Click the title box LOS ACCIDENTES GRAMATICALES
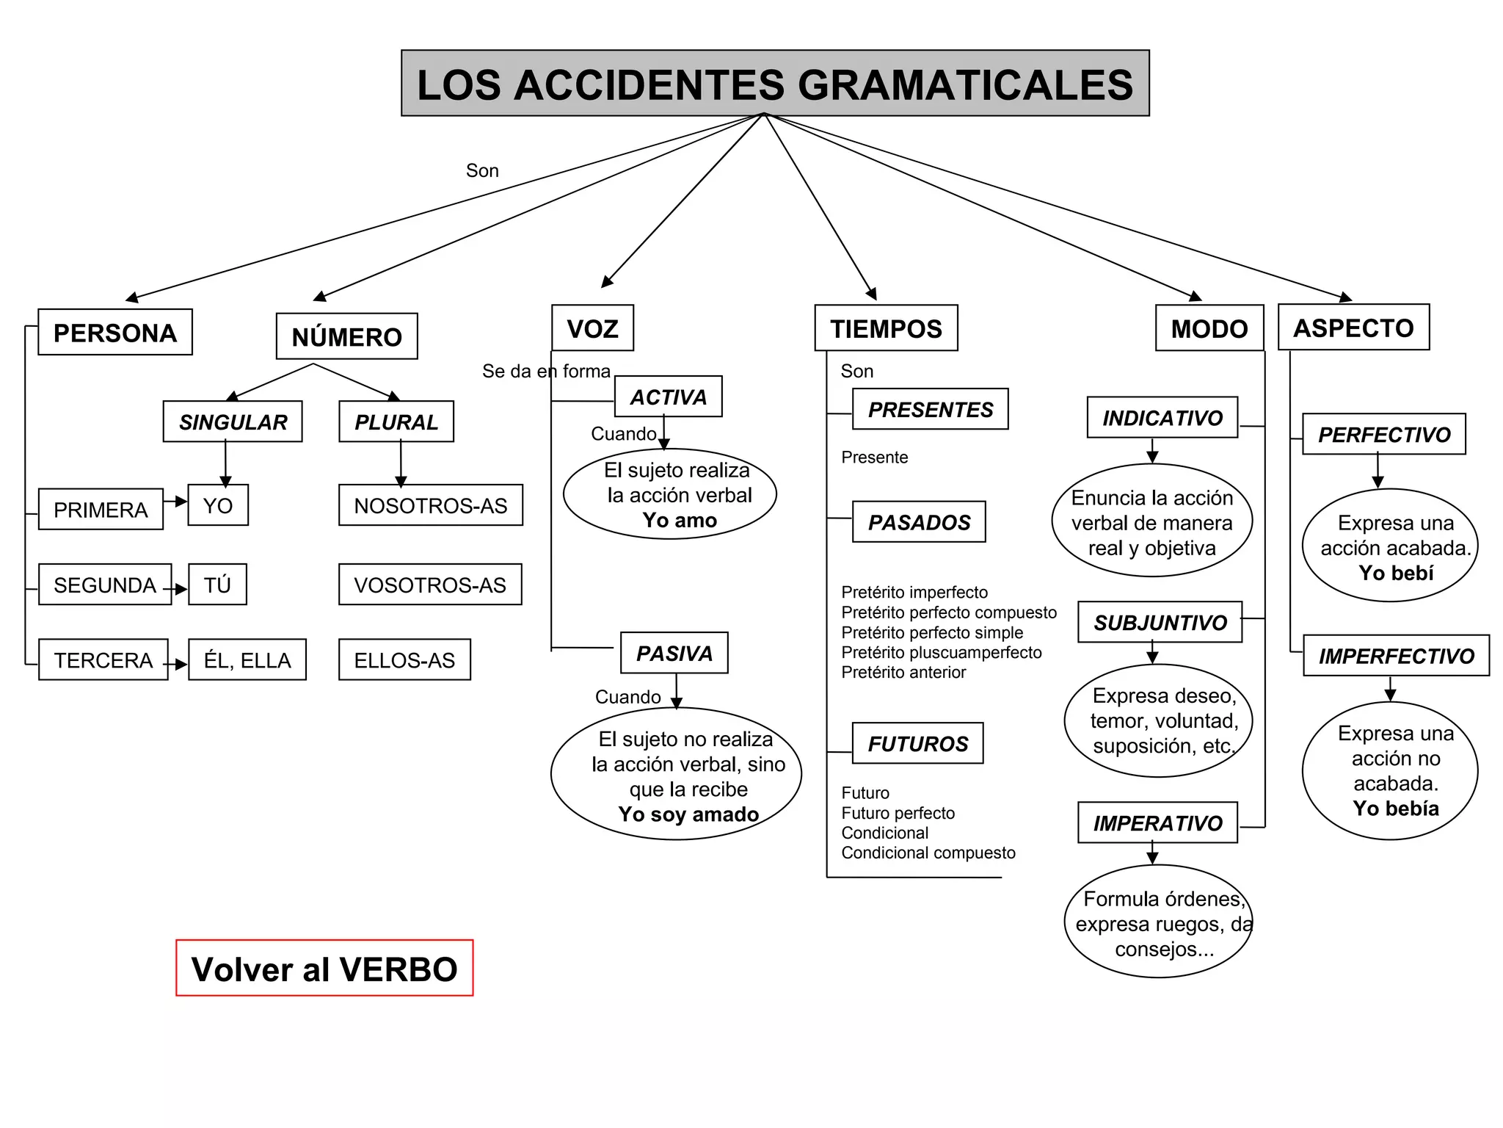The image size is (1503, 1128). [775, 83]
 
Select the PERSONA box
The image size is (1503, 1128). [115, 333]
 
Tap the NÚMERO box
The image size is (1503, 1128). [346, 336]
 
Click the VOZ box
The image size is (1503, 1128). [592, 328]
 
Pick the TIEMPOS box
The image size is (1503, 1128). [886, 328]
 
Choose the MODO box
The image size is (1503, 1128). [1209, 328]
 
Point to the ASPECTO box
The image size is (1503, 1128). [1353, 328]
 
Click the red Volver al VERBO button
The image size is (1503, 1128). [324, 968]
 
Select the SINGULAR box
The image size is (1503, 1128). [233, 422]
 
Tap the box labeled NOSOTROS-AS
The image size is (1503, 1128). [430, 505]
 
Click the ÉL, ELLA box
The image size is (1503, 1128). [247, 659]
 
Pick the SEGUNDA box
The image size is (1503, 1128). [105, 585]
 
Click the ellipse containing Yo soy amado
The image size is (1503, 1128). [676, 774]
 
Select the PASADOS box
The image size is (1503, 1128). [919, 522]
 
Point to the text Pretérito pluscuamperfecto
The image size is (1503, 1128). [941, 652]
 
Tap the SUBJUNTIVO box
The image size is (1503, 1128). [1160, 622]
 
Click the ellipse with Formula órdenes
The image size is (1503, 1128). [1158, 922]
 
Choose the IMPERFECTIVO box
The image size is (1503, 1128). [1396, 656]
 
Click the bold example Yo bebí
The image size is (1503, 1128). [1396, 573]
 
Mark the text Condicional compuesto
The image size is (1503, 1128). [928, 853]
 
